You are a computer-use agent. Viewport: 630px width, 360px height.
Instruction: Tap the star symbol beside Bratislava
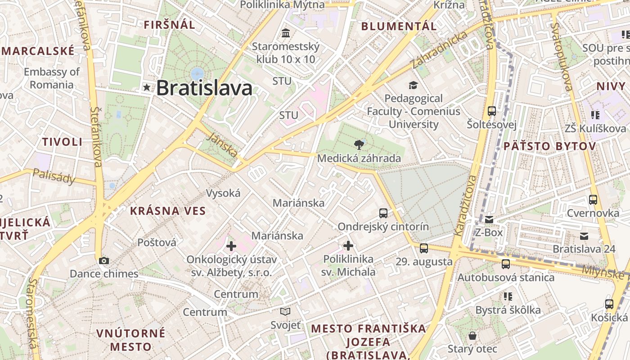[147, 87]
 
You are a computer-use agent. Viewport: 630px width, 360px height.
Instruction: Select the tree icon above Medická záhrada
[359, 144]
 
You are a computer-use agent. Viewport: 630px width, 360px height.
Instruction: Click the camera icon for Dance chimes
[104, 261]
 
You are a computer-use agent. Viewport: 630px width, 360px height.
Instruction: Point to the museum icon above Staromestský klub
[286, 33]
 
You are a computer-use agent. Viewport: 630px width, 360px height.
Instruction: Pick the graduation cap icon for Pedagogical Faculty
[413, 85]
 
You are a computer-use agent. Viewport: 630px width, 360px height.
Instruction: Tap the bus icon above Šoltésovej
[492, 111]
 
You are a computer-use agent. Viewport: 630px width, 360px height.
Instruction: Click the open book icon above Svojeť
[285, 311]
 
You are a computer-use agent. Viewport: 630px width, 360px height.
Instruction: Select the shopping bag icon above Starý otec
[472, 336]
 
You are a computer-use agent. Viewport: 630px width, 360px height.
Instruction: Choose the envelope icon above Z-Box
[489, 220]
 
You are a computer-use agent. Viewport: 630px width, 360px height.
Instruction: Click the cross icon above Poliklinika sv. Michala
[348, 246]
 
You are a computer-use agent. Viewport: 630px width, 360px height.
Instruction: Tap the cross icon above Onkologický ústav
[231, 246]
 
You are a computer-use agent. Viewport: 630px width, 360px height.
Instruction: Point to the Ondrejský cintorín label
[383, 226]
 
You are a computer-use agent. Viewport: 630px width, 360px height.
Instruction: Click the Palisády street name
[54, 177]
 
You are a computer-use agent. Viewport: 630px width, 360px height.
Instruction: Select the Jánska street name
[224, 144]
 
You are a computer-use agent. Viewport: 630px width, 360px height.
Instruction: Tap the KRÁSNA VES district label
[168, 211]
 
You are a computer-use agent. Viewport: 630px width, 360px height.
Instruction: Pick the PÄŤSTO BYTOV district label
[549, 146]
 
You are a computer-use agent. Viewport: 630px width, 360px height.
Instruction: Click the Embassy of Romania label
[52, 78]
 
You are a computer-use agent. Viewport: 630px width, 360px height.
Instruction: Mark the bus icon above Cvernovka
[593, 200]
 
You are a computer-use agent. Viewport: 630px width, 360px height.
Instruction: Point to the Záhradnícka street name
[439, 49]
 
